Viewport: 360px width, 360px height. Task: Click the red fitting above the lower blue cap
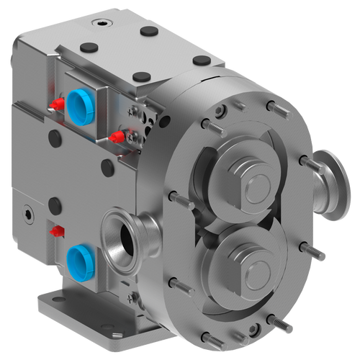(x=55, y=232)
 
